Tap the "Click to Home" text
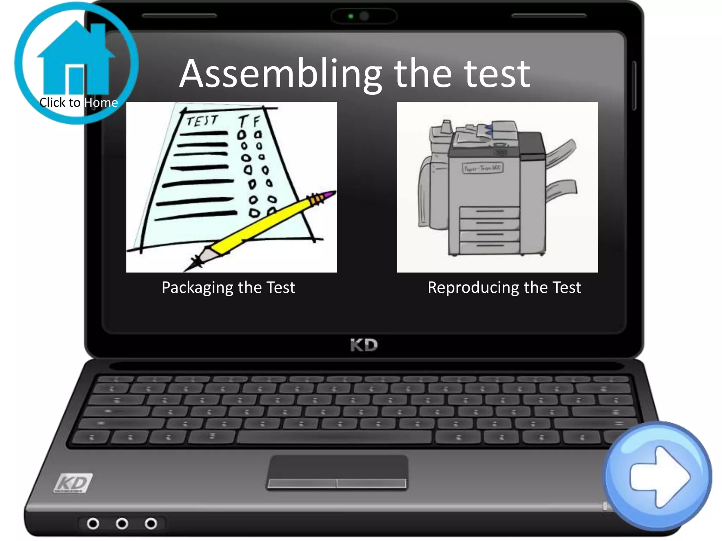coord(78,102)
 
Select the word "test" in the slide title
coord(497,74)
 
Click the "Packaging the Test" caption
coord(228,287)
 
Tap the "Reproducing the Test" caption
coord(504,287)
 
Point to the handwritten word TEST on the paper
coord(202,121)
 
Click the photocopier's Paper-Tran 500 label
coord(482,168)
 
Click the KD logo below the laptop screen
coord(364,345)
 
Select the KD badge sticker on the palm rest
coord(73,483)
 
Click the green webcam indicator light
coord(350,16)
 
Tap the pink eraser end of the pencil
coord(330,194)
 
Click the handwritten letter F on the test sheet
coord(256,122)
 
